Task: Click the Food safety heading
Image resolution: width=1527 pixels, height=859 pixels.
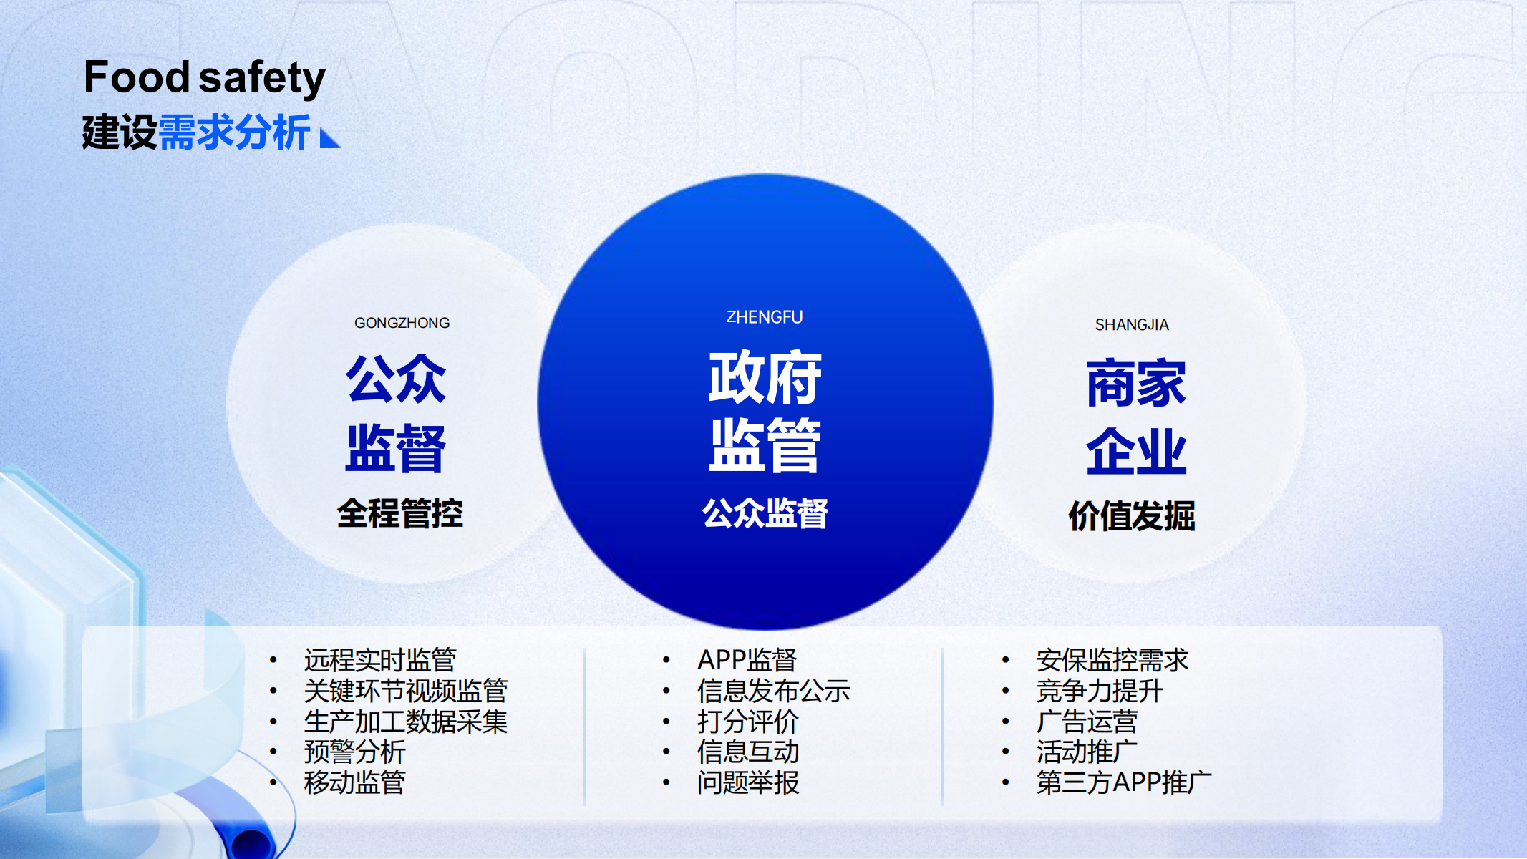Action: coord(205,78)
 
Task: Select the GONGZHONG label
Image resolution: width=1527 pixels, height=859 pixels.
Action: coord(402,323)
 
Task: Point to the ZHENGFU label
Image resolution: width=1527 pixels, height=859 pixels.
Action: coord(765,317)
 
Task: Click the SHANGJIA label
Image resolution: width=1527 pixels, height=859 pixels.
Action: coord(1132,325)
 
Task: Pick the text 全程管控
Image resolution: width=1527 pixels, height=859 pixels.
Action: coord(400,513)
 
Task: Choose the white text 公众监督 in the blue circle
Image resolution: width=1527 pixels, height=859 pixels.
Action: coord(765,513)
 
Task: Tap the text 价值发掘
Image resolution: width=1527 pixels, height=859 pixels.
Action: coord(1132,515)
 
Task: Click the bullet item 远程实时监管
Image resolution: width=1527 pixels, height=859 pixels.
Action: coord(380,660)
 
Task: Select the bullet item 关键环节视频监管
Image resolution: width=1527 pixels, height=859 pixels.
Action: coord(406,691)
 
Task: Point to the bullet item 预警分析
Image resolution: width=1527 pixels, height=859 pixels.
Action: coord(354,752)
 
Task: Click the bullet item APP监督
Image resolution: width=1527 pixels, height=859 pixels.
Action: coord(747,660)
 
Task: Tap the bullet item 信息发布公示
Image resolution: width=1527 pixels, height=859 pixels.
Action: coord(774,691)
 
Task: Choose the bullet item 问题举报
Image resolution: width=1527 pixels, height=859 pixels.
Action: coord(748,782)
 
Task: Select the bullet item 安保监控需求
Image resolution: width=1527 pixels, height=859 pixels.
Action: coord(1112,660)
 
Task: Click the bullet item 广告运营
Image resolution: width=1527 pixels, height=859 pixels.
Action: coord(1087,722)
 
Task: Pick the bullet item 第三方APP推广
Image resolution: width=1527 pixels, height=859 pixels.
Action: coord(1124,782)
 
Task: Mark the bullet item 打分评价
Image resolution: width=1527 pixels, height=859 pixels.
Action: coord(748,722)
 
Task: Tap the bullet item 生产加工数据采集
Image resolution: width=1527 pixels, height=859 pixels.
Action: coord(406,722)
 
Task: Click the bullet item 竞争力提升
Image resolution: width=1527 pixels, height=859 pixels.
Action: coord(1100,691)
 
